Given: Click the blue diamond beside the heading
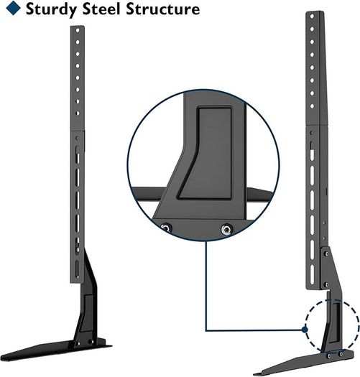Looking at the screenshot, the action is coord(13,8).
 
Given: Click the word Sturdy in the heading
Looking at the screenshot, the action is coord(52,9).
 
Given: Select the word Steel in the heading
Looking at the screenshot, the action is coord(101,9).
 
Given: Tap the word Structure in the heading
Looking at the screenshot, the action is coord(163,9).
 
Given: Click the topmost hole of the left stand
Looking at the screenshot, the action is coord(78,30).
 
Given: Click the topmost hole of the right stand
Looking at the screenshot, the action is coord(312,17).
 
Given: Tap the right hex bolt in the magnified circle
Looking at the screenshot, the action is coord(226,229).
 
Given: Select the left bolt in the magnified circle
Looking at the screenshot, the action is coord(166,228).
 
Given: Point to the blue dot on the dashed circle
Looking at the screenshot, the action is coord(305,330).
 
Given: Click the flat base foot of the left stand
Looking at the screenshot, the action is coord(54,350).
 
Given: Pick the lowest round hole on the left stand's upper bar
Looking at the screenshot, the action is coord(78,113).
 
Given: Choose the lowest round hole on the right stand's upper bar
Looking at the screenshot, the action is coord(312,106).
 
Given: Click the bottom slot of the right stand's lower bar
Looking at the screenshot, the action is coord(312,274).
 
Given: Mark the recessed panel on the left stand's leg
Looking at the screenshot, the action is coord(88,312).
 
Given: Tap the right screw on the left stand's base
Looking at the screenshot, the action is coord(91,341).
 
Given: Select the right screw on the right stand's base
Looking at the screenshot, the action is coord(341,354).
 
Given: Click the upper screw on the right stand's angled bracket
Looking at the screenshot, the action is coord(326,254).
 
